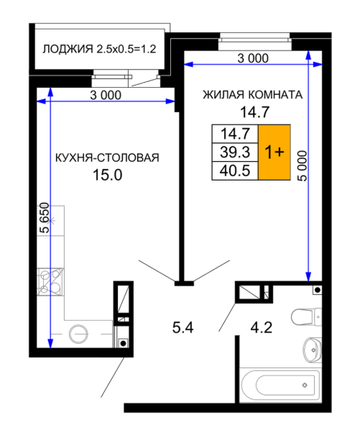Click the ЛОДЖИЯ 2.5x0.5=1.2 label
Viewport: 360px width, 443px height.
coord(99,49)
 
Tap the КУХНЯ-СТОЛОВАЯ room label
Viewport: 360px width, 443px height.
coord(107,157)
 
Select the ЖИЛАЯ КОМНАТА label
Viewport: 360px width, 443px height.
coord(253,95)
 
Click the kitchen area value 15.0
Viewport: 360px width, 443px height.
coord(107,175)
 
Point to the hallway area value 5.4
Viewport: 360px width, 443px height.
coord(183,328)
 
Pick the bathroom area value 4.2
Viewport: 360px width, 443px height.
coord(262,328)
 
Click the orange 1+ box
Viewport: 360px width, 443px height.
coord(274,152)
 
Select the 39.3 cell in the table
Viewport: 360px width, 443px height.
coord(235,152)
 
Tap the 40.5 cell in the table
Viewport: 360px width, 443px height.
coord(235,170)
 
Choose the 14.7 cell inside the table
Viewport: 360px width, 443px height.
coord(235,134)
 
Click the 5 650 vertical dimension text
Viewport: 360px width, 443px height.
coord(45,217)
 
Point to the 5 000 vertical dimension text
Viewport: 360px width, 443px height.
coord(302,165)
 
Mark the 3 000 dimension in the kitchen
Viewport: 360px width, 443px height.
coord(106,95)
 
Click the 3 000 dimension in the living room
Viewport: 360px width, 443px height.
coord(253,58)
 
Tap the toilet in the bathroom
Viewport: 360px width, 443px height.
coord(306,316)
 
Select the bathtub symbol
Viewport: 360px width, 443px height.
coord(280,385)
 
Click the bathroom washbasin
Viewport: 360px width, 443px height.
coord(313,350)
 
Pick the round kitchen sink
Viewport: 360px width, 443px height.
coord(78,334)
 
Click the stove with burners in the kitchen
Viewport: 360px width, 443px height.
coord(50,282)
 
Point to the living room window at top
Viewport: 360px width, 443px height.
coord(254,42)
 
